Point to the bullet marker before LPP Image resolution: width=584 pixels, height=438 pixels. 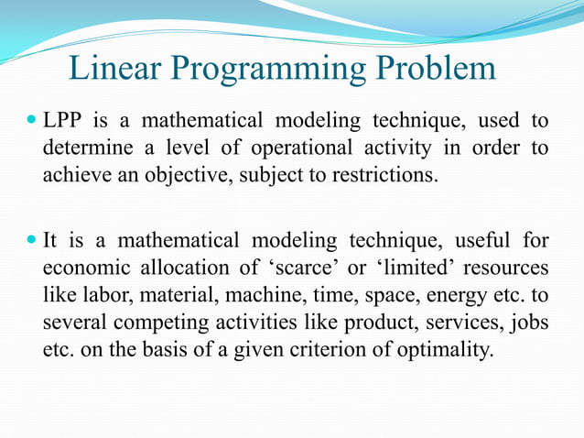[31, 119]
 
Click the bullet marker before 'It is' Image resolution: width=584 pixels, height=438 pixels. [31, 241]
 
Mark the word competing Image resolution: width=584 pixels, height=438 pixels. [162, 323]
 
